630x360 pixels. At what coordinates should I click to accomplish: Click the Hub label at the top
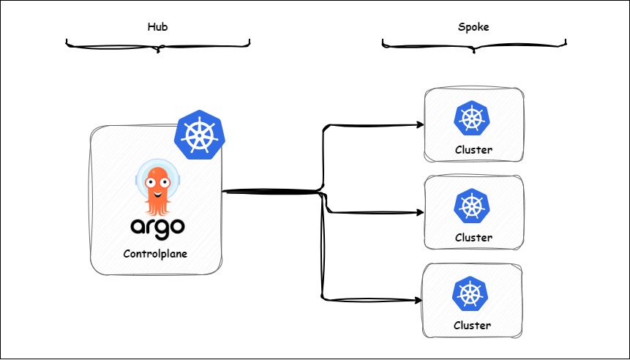click(x=158, y=27)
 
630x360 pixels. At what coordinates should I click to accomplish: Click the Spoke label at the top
click(x=473, y=27)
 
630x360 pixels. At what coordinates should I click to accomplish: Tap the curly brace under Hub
click(x=158, y=46)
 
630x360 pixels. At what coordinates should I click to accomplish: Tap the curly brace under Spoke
click(x=474, y=46)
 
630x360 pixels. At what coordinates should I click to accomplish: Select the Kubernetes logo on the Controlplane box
click(x=198, y=135)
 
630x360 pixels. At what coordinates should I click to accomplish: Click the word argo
click(x=157, y=226)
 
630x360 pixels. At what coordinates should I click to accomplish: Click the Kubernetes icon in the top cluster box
click(x=473, y=119)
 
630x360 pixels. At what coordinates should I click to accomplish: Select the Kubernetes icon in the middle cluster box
click(x=473, y=206)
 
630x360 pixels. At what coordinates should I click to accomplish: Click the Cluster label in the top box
click(x=473, y=151)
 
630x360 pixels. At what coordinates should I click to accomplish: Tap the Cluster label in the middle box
click(x=473, y=238)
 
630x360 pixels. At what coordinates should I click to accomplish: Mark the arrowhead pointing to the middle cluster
click(x=420, y=213)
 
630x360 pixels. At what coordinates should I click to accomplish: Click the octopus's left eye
click(x=151, y=177)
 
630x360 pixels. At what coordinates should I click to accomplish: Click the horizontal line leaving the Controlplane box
click(x=271, y=192)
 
